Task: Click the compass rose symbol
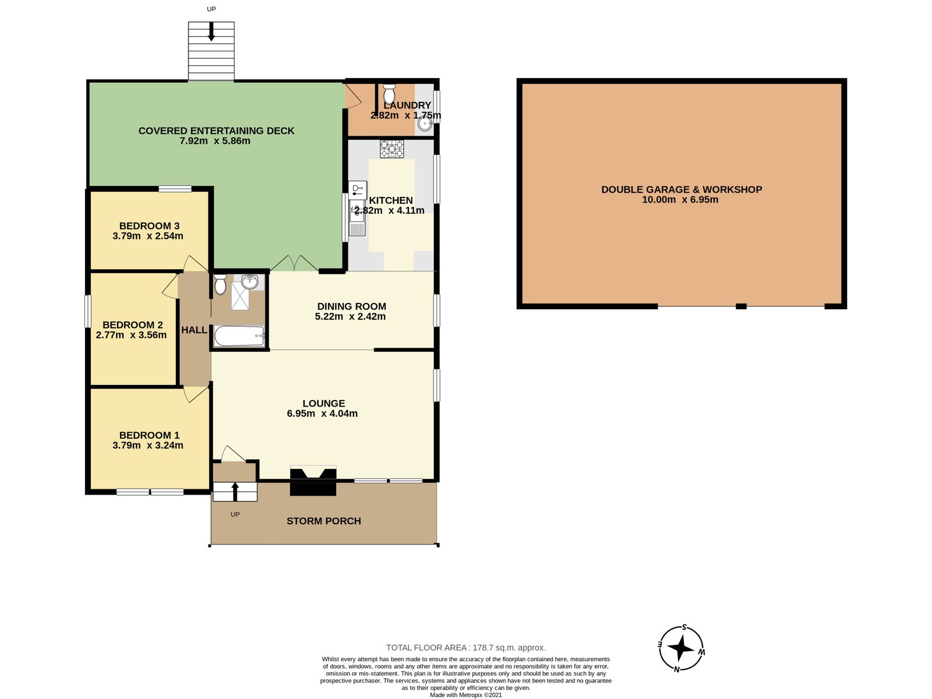(680, 648)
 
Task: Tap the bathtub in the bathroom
(239, 336)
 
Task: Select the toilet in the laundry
(390, 94)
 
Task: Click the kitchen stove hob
(391, 149)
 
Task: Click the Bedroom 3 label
(149, 226)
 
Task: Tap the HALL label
(194, 330)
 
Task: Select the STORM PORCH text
(323, 521)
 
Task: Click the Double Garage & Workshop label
(681, 189)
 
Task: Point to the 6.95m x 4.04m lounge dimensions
(322, 414)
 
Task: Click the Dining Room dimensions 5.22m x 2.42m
(350, 317)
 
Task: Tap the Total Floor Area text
(465, 648)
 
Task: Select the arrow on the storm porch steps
(235, 491)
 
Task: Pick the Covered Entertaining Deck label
(216, 131)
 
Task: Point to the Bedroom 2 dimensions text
(131, 335)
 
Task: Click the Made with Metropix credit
(465, 695)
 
